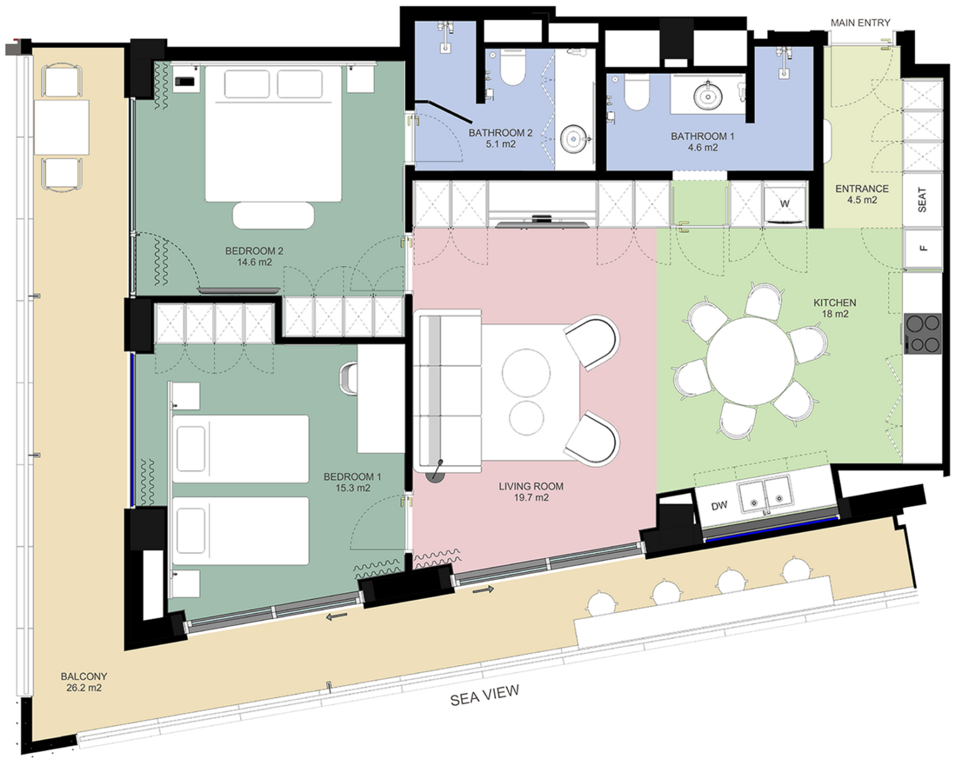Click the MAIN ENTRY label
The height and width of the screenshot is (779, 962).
(861, 23)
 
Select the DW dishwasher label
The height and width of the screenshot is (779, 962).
(719, 506)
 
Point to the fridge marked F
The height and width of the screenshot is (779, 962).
(923, 248)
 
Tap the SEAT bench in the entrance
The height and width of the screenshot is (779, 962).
(923, 199)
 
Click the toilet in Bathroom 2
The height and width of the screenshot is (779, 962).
(513, 67)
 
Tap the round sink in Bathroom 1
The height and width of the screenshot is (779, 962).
(708, 95)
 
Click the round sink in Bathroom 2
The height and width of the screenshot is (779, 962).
(574, 140)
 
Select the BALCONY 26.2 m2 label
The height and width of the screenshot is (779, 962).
(84, 682)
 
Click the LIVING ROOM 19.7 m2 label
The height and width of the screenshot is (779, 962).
(531, 491)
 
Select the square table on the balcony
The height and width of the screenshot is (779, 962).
(61, 127)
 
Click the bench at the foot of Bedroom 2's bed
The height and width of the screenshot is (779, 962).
(273, 216)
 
